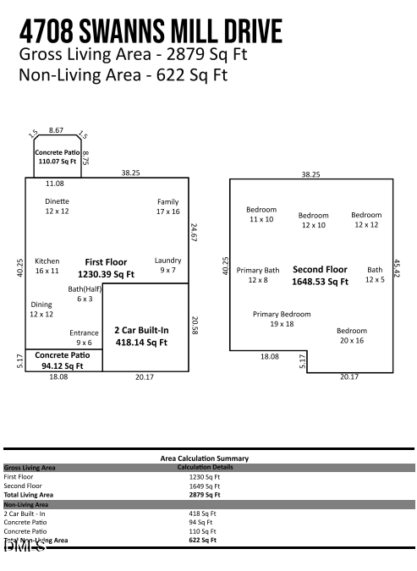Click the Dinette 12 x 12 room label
pyautogui.click(x=58, y=206)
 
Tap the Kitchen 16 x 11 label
pyautogui.click(x=47, y=266)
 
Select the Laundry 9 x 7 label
pyautogui.click(x=167, y=265)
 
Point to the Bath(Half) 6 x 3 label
pyautogui.click(x=85, y=294)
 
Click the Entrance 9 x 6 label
pyautogui.click(x=84, y=338)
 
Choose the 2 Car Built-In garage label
pyautogui.click(x=141, y=336)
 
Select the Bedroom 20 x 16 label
pyautogui.click(x=351, y=335)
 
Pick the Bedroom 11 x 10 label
pyautogui.click(x=261, y=214)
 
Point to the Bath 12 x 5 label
pyautogui.click(x=375, y=274)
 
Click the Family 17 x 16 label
pyautogui.click(x=168, y=206)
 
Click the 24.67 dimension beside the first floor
pyautogui.click(x=194, y=233)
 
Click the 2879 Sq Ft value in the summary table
pyautogui.click(x=204, y=495)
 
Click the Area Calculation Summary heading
pyautogui.click(x=205, y=458)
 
